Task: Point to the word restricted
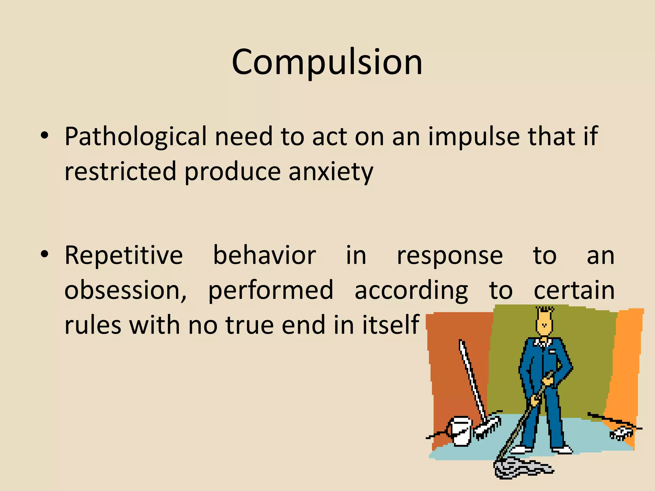point(120,171)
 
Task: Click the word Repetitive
point(123,255)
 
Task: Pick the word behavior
point(264,255)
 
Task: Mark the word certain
point(574,290)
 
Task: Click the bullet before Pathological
point(44,136)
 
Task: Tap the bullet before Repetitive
point(44,255)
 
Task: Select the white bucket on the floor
point(461,431)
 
